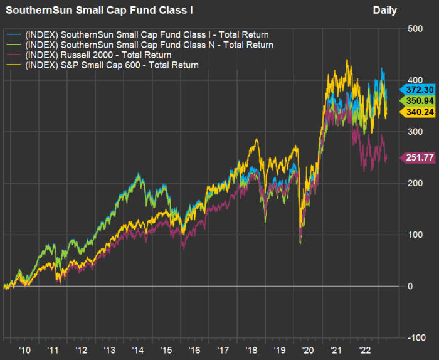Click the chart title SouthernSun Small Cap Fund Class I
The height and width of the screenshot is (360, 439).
pos(87,10)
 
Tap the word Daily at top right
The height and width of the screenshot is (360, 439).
pos(385,10)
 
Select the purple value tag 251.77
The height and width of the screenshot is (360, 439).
pos(421,157)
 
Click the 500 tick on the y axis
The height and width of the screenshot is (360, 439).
pos(415,29)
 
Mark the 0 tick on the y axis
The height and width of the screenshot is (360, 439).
pos(410,287)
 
